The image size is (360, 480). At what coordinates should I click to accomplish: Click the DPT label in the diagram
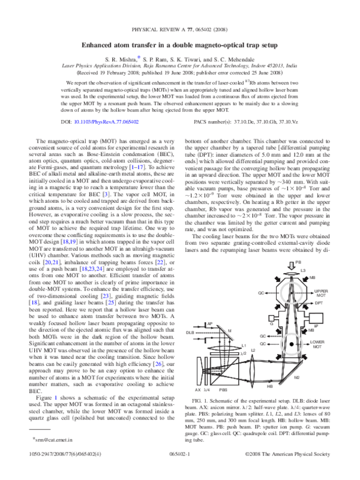[x=319, y=304]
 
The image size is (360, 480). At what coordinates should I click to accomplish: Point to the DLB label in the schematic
[x=190, y=332]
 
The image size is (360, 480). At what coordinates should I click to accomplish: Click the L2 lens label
[x=253, y=350]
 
